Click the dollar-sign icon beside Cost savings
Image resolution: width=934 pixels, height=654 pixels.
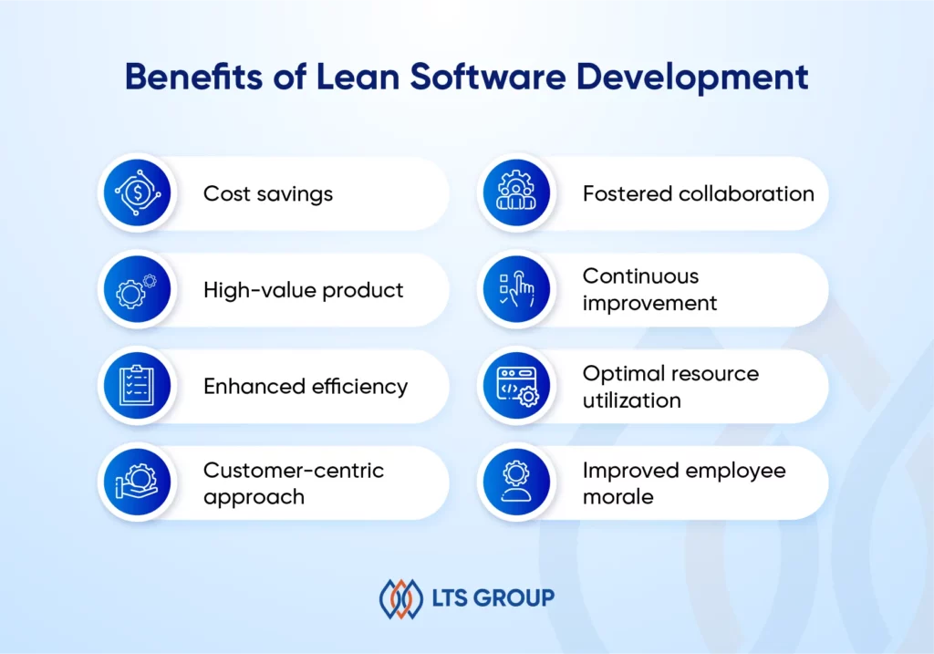tap(138, 192)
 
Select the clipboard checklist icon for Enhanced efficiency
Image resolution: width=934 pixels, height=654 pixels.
tap(137, 385)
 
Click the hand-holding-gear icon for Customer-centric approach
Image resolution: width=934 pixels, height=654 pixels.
tap(137, 482)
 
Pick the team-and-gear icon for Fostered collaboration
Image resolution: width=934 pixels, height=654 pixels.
tap(516, 192)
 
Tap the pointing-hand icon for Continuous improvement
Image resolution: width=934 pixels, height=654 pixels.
tap(516, 289)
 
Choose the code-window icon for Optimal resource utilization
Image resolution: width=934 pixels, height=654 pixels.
tap(517, 387)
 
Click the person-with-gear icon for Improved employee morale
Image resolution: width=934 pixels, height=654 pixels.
tap(516, 482)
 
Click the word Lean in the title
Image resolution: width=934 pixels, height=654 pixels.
tap(358, 77)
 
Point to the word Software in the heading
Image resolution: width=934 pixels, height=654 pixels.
tap(488, 77)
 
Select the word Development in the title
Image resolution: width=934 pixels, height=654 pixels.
tap(692, 78)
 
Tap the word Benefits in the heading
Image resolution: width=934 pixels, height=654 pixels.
tap(193, 77)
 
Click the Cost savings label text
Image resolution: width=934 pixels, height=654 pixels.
tap(268, 194)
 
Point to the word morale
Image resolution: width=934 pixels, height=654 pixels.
tap(617, 496)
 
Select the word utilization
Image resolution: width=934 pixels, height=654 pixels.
tap(631, 400)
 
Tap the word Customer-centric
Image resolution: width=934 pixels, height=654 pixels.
tap(294, 470)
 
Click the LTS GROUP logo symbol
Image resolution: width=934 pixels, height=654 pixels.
tap(401, 598)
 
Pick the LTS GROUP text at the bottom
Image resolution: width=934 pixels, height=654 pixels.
tap(493, 597)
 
